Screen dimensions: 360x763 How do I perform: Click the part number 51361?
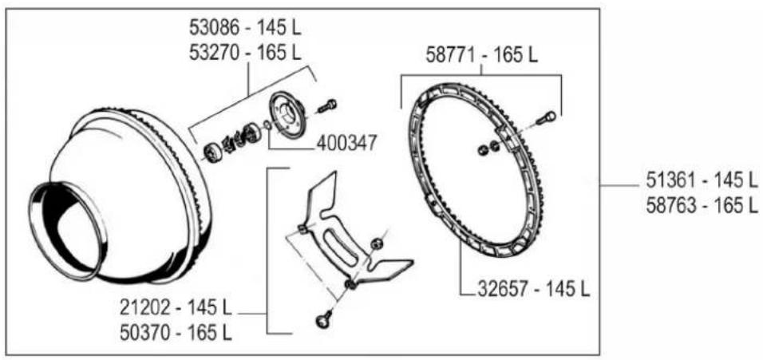click(671, 178)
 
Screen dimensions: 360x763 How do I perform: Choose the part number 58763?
click(671, 205)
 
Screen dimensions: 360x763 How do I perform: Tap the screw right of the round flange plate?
click(327, 105)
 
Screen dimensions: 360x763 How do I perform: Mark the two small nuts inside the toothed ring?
click(487, 148)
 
